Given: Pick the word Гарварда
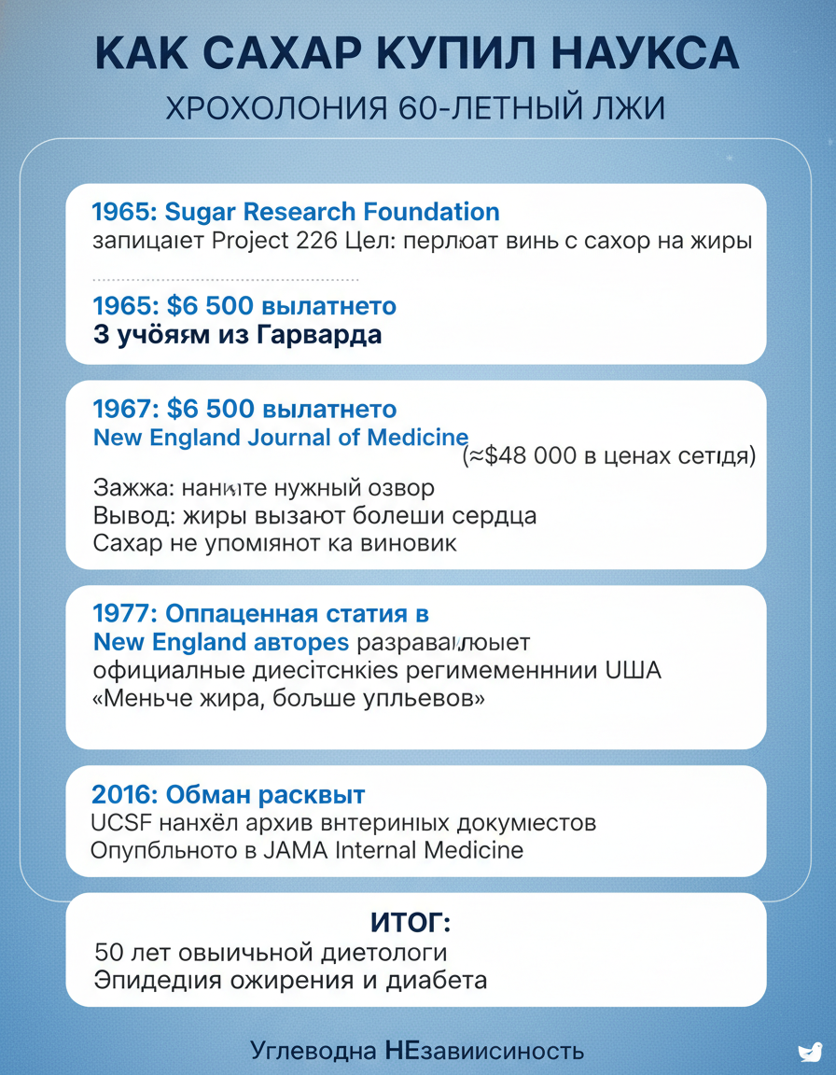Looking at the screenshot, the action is pyautogui.click(x=318, y=335).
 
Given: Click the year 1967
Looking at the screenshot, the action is pyautogui.click(x=125, y=409).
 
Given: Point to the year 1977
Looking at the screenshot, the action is pyautogui.click(x=125, y=614).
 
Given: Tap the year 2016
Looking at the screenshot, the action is pyautogui.click(x=124, y=795).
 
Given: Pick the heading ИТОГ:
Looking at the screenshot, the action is pyautogui.click(x=411, y=924).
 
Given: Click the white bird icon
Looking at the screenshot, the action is pyautogui.click(x=810, y=1052).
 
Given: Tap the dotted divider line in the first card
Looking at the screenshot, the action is pyautogui.click(x=226, y=279).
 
